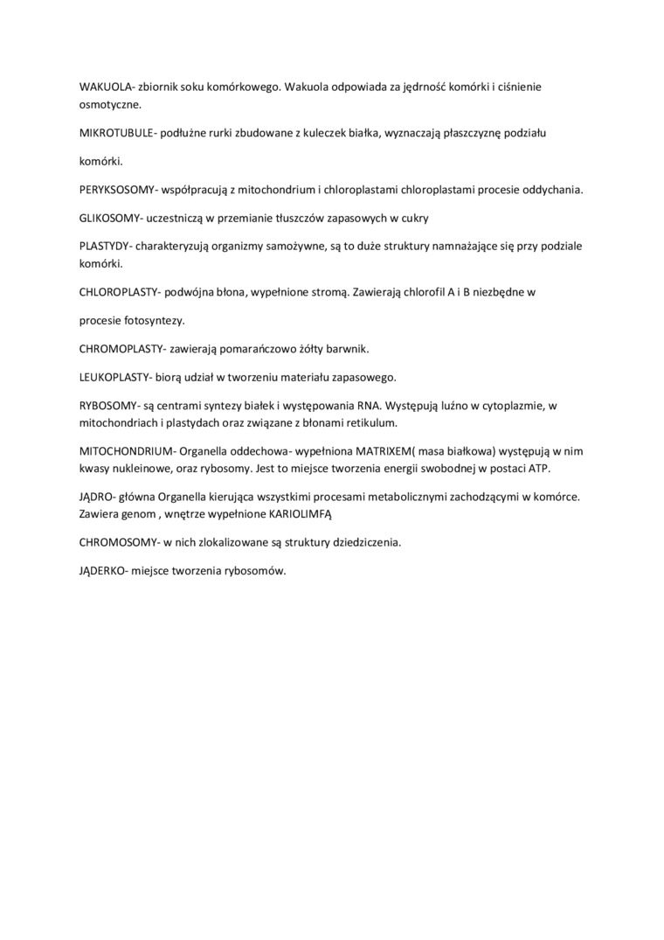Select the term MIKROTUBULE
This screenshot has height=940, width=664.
tap(115, 132)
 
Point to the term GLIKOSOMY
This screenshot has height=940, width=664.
tap(107, 218)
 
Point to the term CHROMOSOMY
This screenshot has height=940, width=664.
tap(115, 542)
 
